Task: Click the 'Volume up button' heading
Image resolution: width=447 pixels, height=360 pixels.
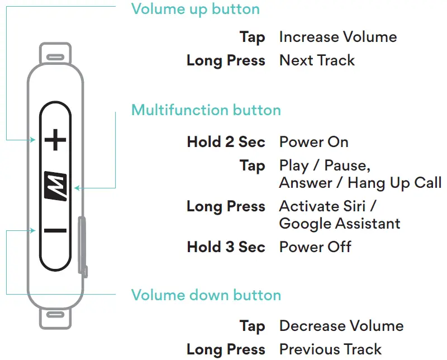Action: click(196, 10)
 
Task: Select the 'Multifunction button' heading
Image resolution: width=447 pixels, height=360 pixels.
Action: click(206, 110)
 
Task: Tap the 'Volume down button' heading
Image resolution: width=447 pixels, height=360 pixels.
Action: click(206, 295)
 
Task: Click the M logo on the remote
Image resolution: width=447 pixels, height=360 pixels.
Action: click(55, 186)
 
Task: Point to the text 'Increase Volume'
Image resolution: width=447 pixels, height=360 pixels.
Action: click(337, 37)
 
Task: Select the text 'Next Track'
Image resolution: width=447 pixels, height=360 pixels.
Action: click(317, 60)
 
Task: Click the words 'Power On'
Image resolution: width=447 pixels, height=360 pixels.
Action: click(313, 142)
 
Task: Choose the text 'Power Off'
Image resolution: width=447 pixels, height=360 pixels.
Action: click(315, 247)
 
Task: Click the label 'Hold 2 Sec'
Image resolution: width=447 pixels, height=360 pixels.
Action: click(226, 142)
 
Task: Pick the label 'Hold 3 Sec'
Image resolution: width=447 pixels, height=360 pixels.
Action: click(226, 247)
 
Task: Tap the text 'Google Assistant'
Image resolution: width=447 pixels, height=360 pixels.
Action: click(340, 224)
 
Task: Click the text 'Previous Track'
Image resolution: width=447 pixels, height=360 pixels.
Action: click(330, 349)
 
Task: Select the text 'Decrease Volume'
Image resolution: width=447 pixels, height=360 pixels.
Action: click(341, 326)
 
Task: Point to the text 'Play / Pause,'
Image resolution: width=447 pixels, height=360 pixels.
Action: click(325, 166)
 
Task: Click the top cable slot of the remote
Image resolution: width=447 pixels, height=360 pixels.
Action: click(55, 57)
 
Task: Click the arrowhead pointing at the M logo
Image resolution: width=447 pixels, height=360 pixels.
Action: click(77, 188)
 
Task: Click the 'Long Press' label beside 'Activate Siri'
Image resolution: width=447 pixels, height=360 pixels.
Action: click(226, 206)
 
